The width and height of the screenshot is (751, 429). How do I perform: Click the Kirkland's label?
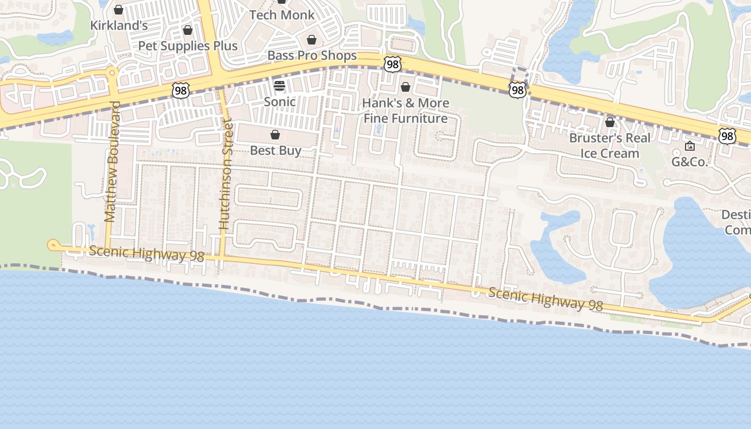119,25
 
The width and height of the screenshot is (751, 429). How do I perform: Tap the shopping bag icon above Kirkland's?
119,10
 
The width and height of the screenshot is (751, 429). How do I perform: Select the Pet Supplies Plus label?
188,46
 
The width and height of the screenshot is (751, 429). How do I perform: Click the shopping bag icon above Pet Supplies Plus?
188,30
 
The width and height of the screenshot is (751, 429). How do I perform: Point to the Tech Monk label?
282,15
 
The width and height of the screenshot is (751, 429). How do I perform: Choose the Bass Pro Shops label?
312,56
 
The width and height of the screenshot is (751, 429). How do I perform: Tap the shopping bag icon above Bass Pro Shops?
312,40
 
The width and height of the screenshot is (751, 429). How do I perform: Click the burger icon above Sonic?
279,86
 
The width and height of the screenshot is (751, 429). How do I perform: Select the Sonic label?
279,102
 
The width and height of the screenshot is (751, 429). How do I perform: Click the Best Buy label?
275,151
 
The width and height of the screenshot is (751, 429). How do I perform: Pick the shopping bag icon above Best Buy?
275,135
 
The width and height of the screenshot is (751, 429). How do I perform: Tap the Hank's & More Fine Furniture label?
406,110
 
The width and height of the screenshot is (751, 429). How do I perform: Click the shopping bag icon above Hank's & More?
406,87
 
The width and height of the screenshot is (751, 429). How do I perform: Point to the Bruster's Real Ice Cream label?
610,145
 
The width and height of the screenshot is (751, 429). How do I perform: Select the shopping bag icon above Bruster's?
610,123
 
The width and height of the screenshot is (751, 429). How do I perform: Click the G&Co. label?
690,162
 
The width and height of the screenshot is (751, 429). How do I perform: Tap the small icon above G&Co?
690,146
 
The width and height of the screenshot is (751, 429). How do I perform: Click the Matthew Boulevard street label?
111,162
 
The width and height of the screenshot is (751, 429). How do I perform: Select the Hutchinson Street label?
225,176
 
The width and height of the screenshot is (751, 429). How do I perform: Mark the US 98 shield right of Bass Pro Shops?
393,64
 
